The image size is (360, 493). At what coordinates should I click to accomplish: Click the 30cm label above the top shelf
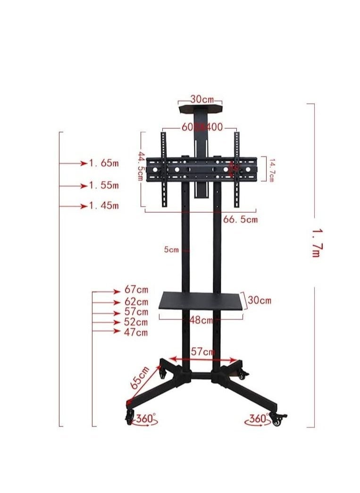point(202,100)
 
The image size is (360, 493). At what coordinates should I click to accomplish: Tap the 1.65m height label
point(104,163)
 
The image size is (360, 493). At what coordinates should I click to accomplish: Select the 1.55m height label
point(104,185)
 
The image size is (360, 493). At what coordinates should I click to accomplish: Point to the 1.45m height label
point(104,206)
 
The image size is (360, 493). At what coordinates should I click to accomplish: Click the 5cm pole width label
point(171,250)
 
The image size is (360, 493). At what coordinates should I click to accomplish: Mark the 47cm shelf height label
point(136,332)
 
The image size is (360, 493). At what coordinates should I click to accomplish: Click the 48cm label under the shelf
point(201,321)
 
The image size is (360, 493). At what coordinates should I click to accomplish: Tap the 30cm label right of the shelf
point(260,301)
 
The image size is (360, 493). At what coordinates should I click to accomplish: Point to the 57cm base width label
point(203,351)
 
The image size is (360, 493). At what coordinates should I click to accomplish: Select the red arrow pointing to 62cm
point(107,302)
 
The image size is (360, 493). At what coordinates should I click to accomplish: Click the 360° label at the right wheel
point(259,418)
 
